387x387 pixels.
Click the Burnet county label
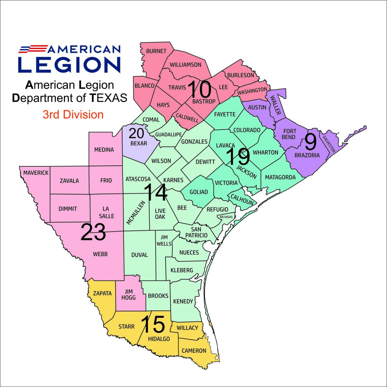pos(156,51)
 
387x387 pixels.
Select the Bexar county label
pos(139,143)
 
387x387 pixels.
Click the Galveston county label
pos(329,144)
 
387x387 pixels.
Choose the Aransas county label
pos(226,217)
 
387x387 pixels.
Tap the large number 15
pos(153,324)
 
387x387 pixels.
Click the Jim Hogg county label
pos(128,294)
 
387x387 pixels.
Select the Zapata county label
pos(102,293)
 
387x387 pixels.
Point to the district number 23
pos(93,232)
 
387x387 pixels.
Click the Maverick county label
pos(36,173)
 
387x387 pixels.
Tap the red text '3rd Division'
pos(73,114)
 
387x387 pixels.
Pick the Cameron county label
pos(194,351)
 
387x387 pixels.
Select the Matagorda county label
pos(280,177)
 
